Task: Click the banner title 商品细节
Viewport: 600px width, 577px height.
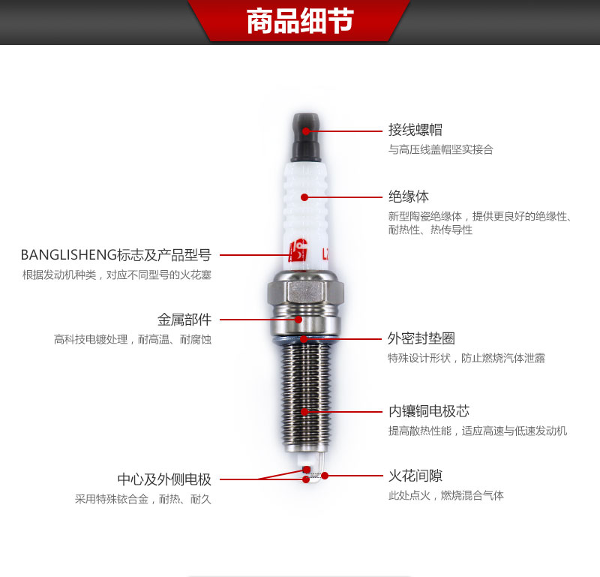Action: (x=300, y=21)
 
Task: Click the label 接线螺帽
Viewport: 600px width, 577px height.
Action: (x=415, y=130)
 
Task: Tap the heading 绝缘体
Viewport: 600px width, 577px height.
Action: (x=408, y=197)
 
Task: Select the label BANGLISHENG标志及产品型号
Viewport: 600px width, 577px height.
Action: (x=116, y=255)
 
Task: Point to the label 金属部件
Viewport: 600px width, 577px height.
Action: (x=184, y=320)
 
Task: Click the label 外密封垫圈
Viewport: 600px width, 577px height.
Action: (x=421, y=338)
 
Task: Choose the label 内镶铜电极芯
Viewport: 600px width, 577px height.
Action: (x=428, y=411)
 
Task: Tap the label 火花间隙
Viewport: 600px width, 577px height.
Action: (x=415, y=476)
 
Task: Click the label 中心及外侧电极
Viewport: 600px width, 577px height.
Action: (x=164, y=479)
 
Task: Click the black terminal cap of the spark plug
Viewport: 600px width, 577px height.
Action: (x=306, y=137)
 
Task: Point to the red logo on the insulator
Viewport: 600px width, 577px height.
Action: (x=298, y=250)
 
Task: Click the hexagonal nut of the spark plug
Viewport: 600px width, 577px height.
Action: (x=305, y=292)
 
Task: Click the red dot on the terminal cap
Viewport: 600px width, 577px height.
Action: (x=306, y=131)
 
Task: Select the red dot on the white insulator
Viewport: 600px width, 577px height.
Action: (x=304, y=197)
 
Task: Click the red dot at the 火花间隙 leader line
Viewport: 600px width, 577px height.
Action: (x=325, y=476)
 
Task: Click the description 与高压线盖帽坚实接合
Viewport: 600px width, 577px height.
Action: (x=441, y=149)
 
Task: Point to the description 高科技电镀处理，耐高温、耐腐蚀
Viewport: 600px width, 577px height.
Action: (x=133, y=339)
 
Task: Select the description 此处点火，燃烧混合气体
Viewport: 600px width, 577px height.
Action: (x=445, y=495)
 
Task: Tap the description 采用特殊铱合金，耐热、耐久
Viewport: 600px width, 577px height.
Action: (x=143, y=499)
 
